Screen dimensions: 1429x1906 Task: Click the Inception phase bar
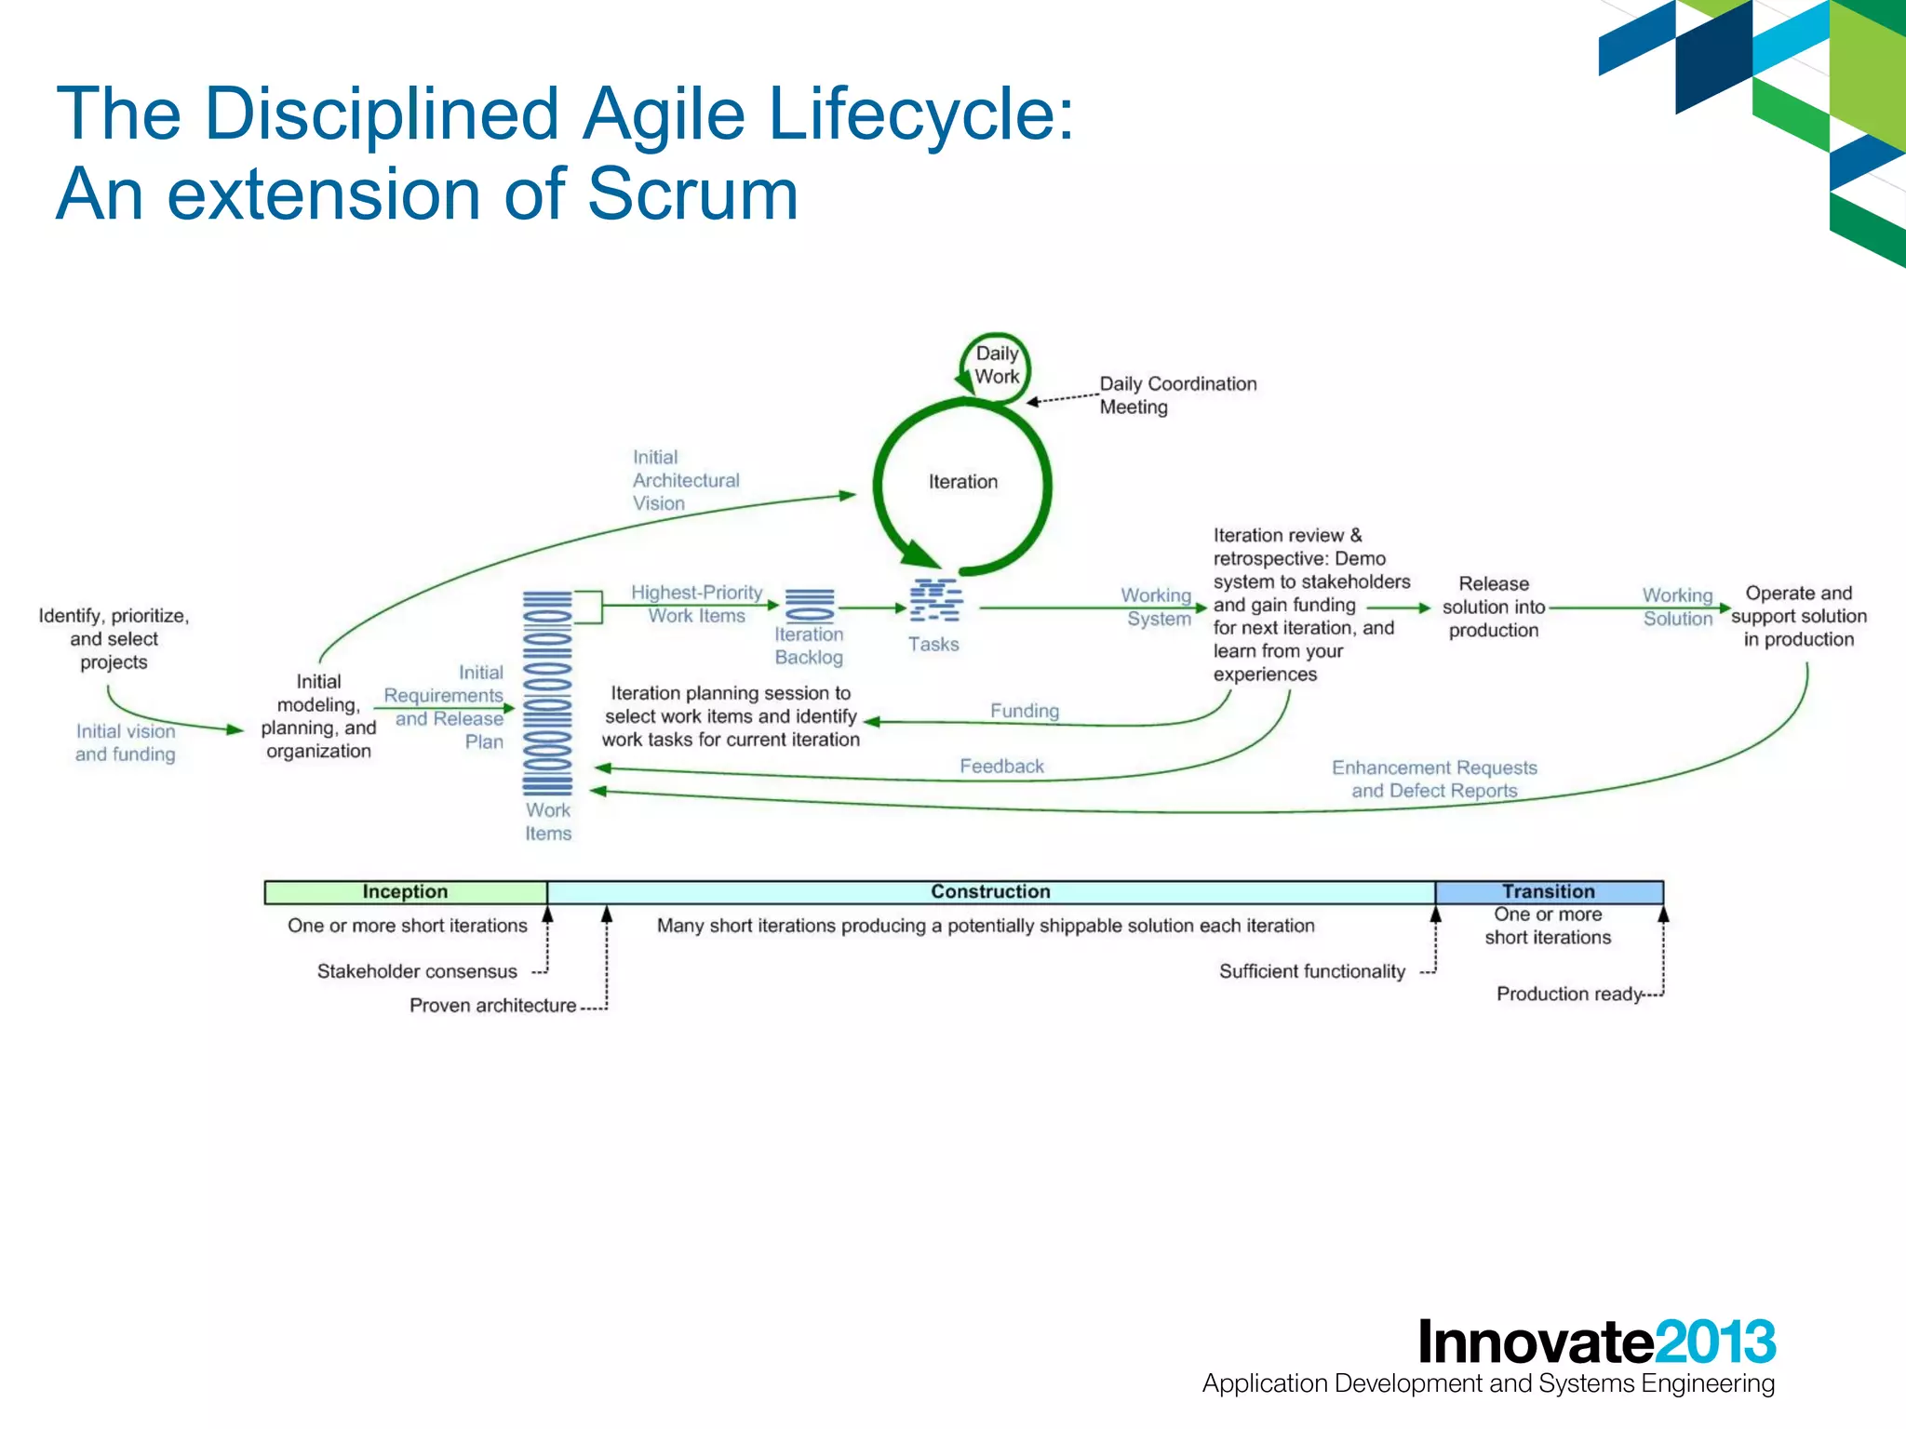pos(406,891)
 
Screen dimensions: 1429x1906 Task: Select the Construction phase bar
pos(990,891)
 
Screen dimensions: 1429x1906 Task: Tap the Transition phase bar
pos(1549,891)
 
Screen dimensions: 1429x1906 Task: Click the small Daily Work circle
pos(996,366)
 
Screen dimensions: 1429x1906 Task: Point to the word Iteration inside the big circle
pos(962,482)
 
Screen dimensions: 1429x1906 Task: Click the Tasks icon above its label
pos(935,600)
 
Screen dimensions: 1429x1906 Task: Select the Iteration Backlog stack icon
pos(810,605)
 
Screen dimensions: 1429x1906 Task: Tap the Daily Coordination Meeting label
pos(1176,395)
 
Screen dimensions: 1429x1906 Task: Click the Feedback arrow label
pos(1001,766)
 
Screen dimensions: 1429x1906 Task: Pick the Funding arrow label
pos(1024,711)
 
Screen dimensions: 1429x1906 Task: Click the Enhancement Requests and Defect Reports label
pos(1433,779)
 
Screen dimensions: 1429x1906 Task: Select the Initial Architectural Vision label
pos(685,480)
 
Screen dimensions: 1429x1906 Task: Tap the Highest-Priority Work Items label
pos(696,604)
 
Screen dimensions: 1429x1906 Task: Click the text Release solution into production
pos(1493,607)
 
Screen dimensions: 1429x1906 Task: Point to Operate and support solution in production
pos(1798,616)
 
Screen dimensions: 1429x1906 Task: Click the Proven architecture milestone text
pos(492,1006)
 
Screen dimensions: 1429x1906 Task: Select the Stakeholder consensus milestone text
pos(416,971)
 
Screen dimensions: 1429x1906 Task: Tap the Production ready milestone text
pos(1568,994)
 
